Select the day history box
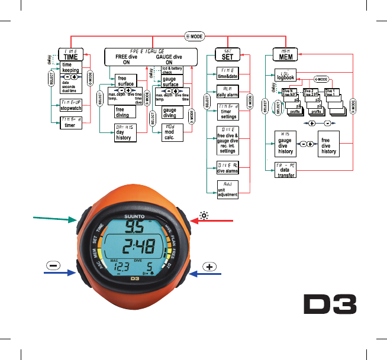pos(125,133)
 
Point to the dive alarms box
pos(227,167)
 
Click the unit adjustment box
pos(227,190)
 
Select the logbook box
pos(285,77)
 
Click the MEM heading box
pos(285,54)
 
